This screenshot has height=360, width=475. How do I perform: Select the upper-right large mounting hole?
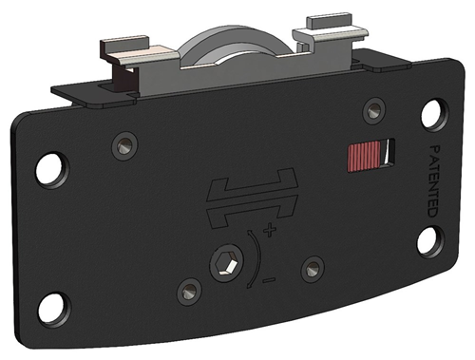(x=430, y=114)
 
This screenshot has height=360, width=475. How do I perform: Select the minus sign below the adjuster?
(x=269, y=280)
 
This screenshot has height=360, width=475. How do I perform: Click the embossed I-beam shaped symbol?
(x=252, y=196)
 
